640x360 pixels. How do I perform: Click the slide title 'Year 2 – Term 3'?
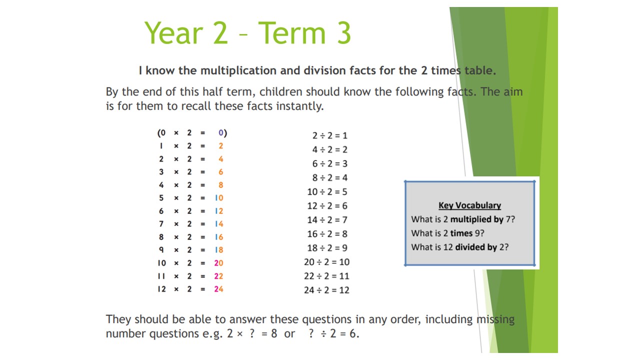[247, 33]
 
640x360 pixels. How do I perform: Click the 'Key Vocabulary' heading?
[469, 205]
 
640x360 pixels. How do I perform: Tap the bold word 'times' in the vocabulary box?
[461, 233]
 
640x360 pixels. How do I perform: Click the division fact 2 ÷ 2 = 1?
[329, 135]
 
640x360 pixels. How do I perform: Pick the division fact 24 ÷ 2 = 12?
[326, 290]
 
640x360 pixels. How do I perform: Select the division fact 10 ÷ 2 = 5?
[327, 191]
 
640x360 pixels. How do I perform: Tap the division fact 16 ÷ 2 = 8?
[327, 234]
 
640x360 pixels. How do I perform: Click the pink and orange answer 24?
[218, 289]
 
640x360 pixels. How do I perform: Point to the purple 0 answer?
[221, 132]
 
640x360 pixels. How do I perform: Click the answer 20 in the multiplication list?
[218, 263]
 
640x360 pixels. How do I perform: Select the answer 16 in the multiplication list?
[219, 237]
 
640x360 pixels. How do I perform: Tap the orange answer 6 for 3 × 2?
[221, 172]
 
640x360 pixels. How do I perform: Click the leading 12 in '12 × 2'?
[161, 289]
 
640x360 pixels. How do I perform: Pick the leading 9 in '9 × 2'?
[161, 250]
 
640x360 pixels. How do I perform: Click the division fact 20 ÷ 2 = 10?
[326, 262]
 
